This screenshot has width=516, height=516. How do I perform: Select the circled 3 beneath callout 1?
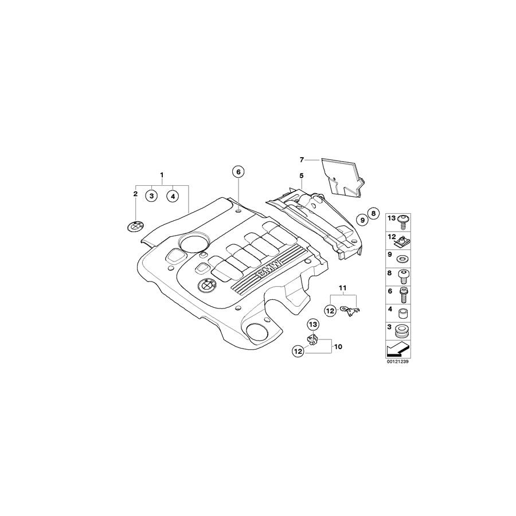pyautogui.click(x=151, y=196)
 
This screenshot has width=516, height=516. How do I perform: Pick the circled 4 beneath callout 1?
pyautogui.click(x=172, y=196)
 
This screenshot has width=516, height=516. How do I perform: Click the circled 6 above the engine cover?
pyautogui.click(x=238, y=171)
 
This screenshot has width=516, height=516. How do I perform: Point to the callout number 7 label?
pyautogui.click(x=302, y=159)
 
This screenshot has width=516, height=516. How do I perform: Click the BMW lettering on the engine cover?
pyautogui.click(x=268, y=268)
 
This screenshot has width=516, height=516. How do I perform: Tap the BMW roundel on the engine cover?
pyautogui.click(x=206, y=286)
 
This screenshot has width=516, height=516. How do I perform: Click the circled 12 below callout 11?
pyautogui.click(x=330, y=310)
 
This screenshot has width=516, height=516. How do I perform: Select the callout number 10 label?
pyautogui.click(x=338, y=347)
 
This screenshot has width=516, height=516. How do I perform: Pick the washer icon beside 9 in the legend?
pyautogui.click(x=403, y=256)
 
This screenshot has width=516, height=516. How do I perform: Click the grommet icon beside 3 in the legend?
pyautogui.click(x=403, y=332)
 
